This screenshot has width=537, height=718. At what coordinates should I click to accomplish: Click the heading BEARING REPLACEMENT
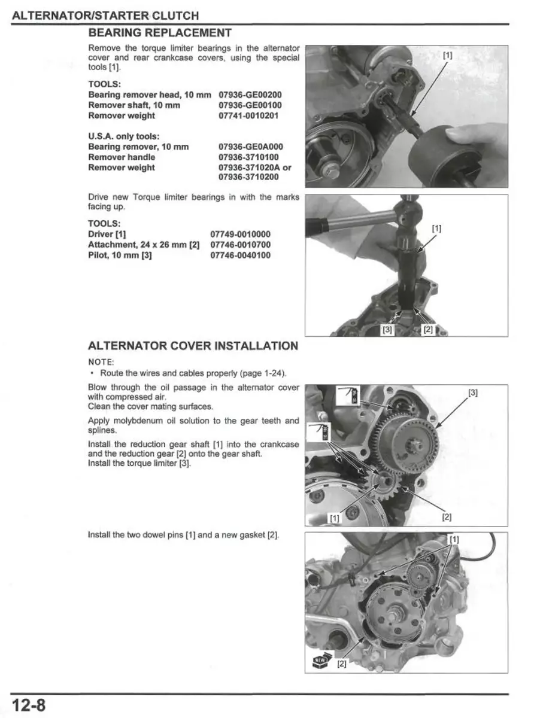[x=159, y=32]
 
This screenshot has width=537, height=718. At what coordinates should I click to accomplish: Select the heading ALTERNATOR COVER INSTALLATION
[x=192, y=346]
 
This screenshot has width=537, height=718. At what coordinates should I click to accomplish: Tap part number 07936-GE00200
[x=250, y=95]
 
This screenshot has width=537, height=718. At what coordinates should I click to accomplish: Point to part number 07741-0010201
[x=248, y=115]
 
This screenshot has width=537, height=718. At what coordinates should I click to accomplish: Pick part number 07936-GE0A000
[x=251, y=147]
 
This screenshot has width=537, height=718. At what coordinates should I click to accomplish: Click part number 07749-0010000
[x=240, y=234]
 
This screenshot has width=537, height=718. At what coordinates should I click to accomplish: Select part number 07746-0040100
[x=240, y=255]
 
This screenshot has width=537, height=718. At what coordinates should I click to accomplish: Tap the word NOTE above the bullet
[x=101, y=361]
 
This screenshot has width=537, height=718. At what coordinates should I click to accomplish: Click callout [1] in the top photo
[x=447, y=56]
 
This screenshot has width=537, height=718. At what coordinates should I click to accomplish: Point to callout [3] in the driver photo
[x=387, y=329]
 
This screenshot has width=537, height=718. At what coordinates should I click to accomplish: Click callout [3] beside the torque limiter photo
[x=473, y=393]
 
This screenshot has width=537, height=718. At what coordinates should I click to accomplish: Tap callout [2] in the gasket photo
[x=341, y=664]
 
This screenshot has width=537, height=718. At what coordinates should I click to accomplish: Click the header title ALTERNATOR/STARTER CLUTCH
[x=105, y=16]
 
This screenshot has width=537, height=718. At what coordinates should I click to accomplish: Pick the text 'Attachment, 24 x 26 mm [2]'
[x=144, y=245]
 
